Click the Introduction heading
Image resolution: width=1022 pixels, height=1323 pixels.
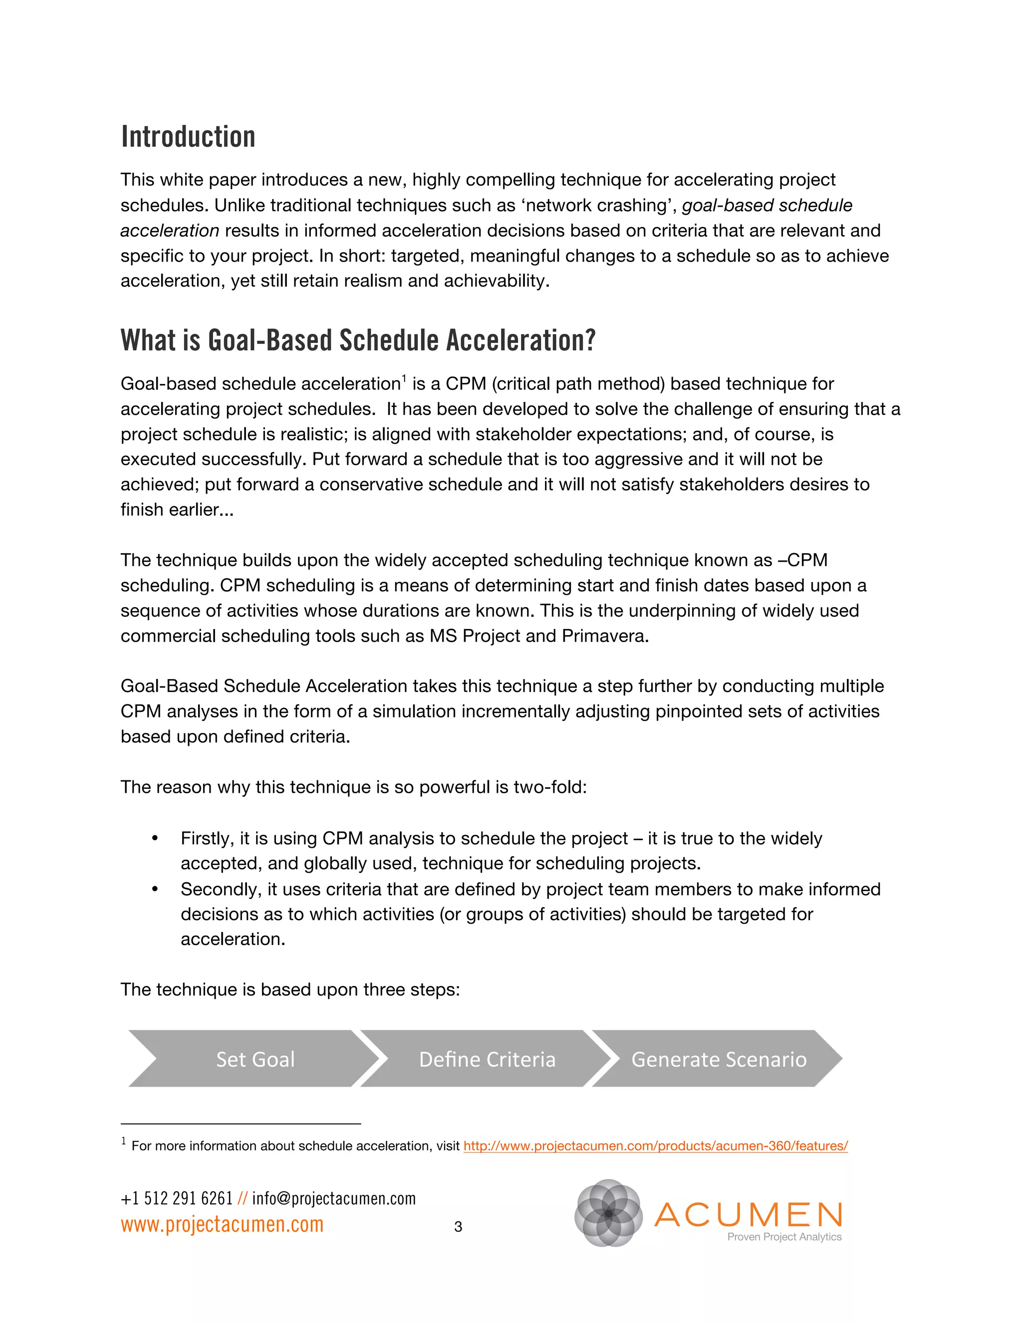coord(188,137)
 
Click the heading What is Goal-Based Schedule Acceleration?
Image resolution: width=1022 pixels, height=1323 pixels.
coord(358,340)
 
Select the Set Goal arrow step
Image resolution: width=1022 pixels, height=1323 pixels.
coord(255,1059)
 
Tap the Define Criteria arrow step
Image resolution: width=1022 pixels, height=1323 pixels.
coord(487,1059)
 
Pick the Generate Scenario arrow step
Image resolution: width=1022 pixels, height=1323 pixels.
coord(719,1059)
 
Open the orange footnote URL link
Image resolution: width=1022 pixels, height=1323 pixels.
coord(655,1145)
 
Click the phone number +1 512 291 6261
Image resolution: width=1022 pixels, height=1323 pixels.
coord(176,1198)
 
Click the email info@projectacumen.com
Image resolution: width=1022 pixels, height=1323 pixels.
coord(334,1198)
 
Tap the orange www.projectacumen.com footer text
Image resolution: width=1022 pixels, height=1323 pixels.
coord(222,1224)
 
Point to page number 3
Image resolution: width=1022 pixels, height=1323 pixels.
coord(458,1227)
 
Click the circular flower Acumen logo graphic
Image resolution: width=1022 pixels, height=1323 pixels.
coord(608,1213)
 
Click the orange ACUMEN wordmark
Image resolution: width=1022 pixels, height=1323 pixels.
coord(749,1215)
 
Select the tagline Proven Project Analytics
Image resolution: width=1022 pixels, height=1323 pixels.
coord(784,1237)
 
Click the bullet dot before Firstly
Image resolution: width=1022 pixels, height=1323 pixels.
coord(155,838)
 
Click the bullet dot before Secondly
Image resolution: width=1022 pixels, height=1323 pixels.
coord(155,889)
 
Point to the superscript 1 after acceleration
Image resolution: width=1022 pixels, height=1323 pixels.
coord(404,378)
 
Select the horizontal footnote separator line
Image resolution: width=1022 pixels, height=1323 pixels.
coord(241,1124)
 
